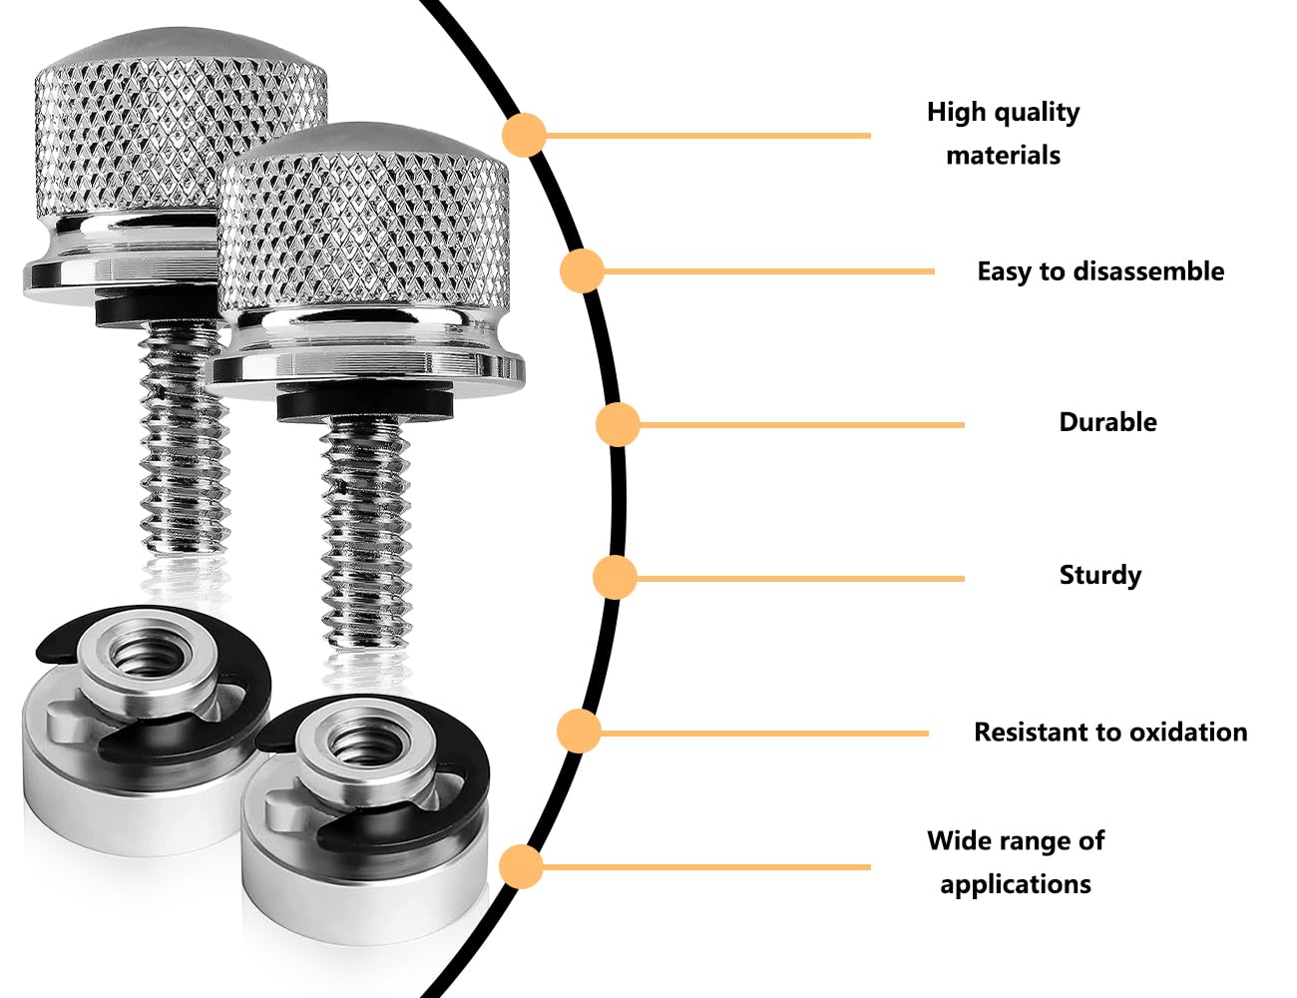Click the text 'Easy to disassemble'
(1099, 271)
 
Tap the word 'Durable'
(1107, 422)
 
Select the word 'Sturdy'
(1099, 575)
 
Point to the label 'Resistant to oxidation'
(1109, 733)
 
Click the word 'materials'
(1003, 156)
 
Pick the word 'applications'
(1015, 884)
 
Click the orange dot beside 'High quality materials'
(524, 135)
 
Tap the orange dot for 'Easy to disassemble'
(582, 270)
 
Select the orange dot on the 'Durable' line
(618, 425)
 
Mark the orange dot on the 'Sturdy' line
(615, 578)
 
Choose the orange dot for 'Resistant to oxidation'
(579, 732)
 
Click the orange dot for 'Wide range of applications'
(521, 866)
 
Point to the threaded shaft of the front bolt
(366, 539)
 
